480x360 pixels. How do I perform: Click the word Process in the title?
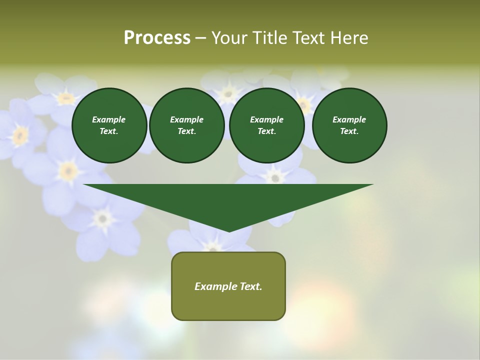coord(157,38)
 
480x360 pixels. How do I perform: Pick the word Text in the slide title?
coord(310,38)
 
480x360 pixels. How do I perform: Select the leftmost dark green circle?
coord(109,125)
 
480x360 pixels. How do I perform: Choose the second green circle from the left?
coord(186,125)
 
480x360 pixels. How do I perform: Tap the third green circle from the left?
coord(267,125)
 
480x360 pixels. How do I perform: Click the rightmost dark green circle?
coord(349,125)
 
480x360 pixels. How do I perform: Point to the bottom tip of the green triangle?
coord(229,230)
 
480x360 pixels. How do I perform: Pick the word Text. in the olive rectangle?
coord(250,286)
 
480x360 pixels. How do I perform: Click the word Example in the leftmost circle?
coord(109,119)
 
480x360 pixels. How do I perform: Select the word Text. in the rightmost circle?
coord(349,131)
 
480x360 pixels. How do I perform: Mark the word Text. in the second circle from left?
coord(186,131)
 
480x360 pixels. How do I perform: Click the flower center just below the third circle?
coord(274,176)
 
